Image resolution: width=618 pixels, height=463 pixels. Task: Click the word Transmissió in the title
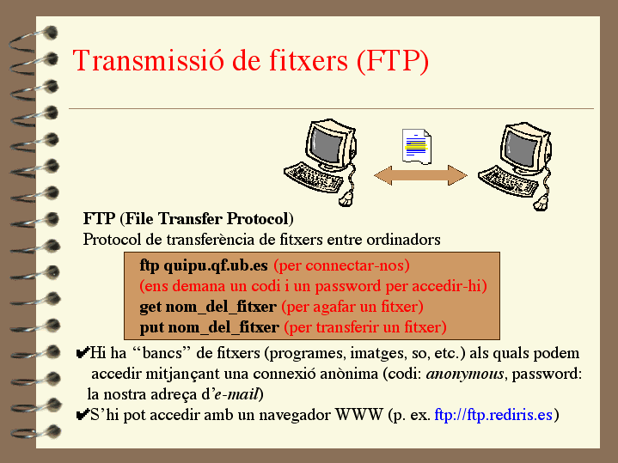tap(149, 61)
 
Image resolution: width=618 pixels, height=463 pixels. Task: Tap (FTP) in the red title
tap(393, 61)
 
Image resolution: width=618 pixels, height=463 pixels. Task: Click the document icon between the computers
tap(417, 146)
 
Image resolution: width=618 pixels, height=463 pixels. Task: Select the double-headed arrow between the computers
tap(420, 175)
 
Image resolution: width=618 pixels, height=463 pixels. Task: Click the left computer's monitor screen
tap(326, 144)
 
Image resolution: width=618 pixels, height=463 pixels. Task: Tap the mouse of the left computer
tap(346, 198)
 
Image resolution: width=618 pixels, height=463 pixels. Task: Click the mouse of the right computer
tap(541, 203)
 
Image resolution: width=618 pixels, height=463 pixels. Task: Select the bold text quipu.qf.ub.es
tap(216, 266)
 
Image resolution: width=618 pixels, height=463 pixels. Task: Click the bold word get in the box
tap(150, 307)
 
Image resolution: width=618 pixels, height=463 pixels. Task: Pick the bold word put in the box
tap(151, 328)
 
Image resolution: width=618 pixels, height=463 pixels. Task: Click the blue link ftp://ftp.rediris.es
tap(493, 415)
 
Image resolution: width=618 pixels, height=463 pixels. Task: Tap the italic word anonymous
tap(465, 374)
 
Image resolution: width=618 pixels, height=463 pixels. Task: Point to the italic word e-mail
tap(236, 394)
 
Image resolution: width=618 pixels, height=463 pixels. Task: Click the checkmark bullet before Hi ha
tap(83, 353)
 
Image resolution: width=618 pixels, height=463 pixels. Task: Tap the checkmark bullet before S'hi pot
tap(83, 415)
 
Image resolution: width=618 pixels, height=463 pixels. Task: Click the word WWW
tap(359, 415)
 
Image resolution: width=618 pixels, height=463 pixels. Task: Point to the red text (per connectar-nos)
tap(341, 266)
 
